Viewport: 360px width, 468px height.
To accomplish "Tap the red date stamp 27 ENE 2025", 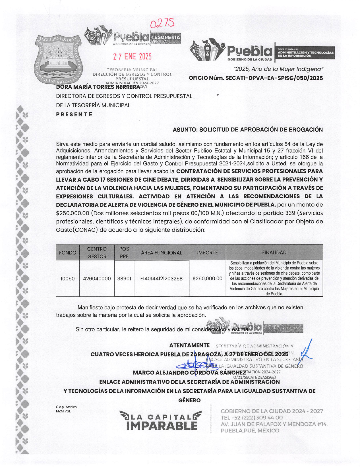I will pos(133,57).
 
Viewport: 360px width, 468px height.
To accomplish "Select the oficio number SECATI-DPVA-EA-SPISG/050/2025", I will pos(256,78).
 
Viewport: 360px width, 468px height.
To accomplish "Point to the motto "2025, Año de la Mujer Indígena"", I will pos(278,69).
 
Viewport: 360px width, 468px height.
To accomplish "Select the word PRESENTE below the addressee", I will pos(74,114).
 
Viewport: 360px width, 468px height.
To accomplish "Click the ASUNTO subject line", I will pos(248,130).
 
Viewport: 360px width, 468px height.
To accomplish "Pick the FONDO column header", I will pos(68,252).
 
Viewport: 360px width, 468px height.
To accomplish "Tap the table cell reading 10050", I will pos(68,279).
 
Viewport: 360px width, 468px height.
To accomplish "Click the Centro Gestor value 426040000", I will pos(97,279).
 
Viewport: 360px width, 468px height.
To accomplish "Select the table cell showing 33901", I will pos(124,279).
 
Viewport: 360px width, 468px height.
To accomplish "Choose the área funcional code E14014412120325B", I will pos(161,279).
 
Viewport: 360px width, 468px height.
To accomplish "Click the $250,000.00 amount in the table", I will pos(207,279).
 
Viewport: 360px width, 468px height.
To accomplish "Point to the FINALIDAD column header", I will pos(274,252).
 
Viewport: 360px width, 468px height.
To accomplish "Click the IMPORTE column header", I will pos(207,252).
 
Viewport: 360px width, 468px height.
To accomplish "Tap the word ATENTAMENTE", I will pos(189,345).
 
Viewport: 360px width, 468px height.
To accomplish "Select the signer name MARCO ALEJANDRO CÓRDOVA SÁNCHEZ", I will pos(189,372).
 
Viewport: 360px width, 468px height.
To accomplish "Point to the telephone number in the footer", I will pos(252,418).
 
